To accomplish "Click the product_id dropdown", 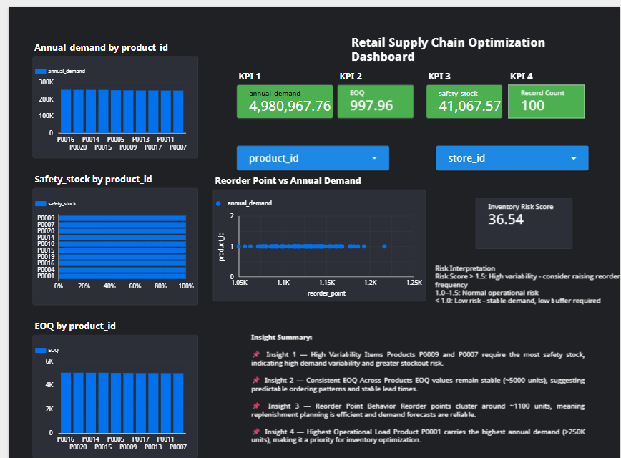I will coord(313,158).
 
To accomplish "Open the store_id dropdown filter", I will coord(512,158).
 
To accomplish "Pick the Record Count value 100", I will coord(532,105).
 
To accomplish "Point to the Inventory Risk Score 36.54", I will coord(506,219).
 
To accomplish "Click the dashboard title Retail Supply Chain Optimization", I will coord(448,43).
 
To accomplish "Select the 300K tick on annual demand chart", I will coord(46,82).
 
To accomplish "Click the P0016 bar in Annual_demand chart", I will coord(66,111).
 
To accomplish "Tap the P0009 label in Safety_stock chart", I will coord(47,218).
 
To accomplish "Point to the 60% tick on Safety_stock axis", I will coord(135,286).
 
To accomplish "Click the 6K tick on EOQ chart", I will coord(49,361).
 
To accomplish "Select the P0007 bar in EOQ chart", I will coord(178,402).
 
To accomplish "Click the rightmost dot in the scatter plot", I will coord(384,246).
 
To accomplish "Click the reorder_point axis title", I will coord(326,293).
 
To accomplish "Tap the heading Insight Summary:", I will coord(281,337).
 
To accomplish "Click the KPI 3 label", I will coord(439,76).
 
